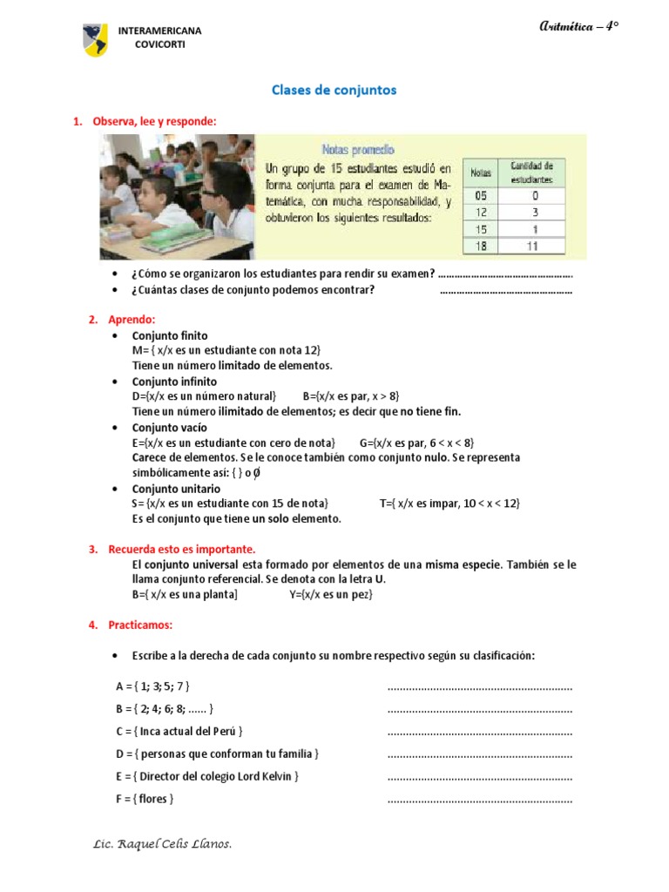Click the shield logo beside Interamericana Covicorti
pyautogui.click(x=95, y=39)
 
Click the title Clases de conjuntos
pyautogui.click(x=334, y=90)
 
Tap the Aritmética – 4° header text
pyautogui.click(x=579, y=27)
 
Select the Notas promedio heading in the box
pyautogui.click(x=358, y=150)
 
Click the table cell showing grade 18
pyautogui.click(x=481, y=247)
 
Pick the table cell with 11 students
pyautogui.click(x=531, y=247)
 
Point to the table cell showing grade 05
pyautogui.click(x=481, y=196)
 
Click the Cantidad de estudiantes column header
pyautogui.click(x=531, y=172)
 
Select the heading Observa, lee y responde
pyautogui.click(x=154, y=121)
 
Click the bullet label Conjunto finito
pyautogui.click(x=170, y=335)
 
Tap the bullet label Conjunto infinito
pyautogui.click(x=174, y=382)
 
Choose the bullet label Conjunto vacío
pyautogui.click(x=170, y=428)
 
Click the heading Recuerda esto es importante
pyautogui.click(x=181, y=550)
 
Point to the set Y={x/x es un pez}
pyautogui.click(x=331, y=595)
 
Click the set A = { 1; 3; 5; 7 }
pyautogui.click(x=152, y=686)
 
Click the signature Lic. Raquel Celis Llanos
pyautogui.click(x=162, y=844)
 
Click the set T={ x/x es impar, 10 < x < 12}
pyautogui.click(x=449, y=503)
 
